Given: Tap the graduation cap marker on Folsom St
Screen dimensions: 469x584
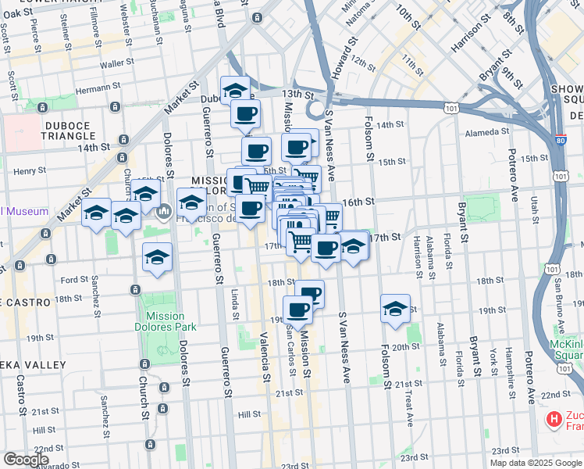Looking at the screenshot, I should [x=396, y=309].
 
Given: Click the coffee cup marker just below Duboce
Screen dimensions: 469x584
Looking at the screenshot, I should [x=245, y=114].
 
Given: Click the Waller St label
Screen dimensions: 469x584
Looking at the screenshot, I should [x=118, y=63].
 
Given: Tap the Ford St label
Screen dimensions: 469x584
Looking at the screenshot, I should [x=74, y=279].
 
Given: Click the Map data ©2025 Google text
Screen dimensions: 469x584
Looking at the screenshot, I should [x=536, y=463].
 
